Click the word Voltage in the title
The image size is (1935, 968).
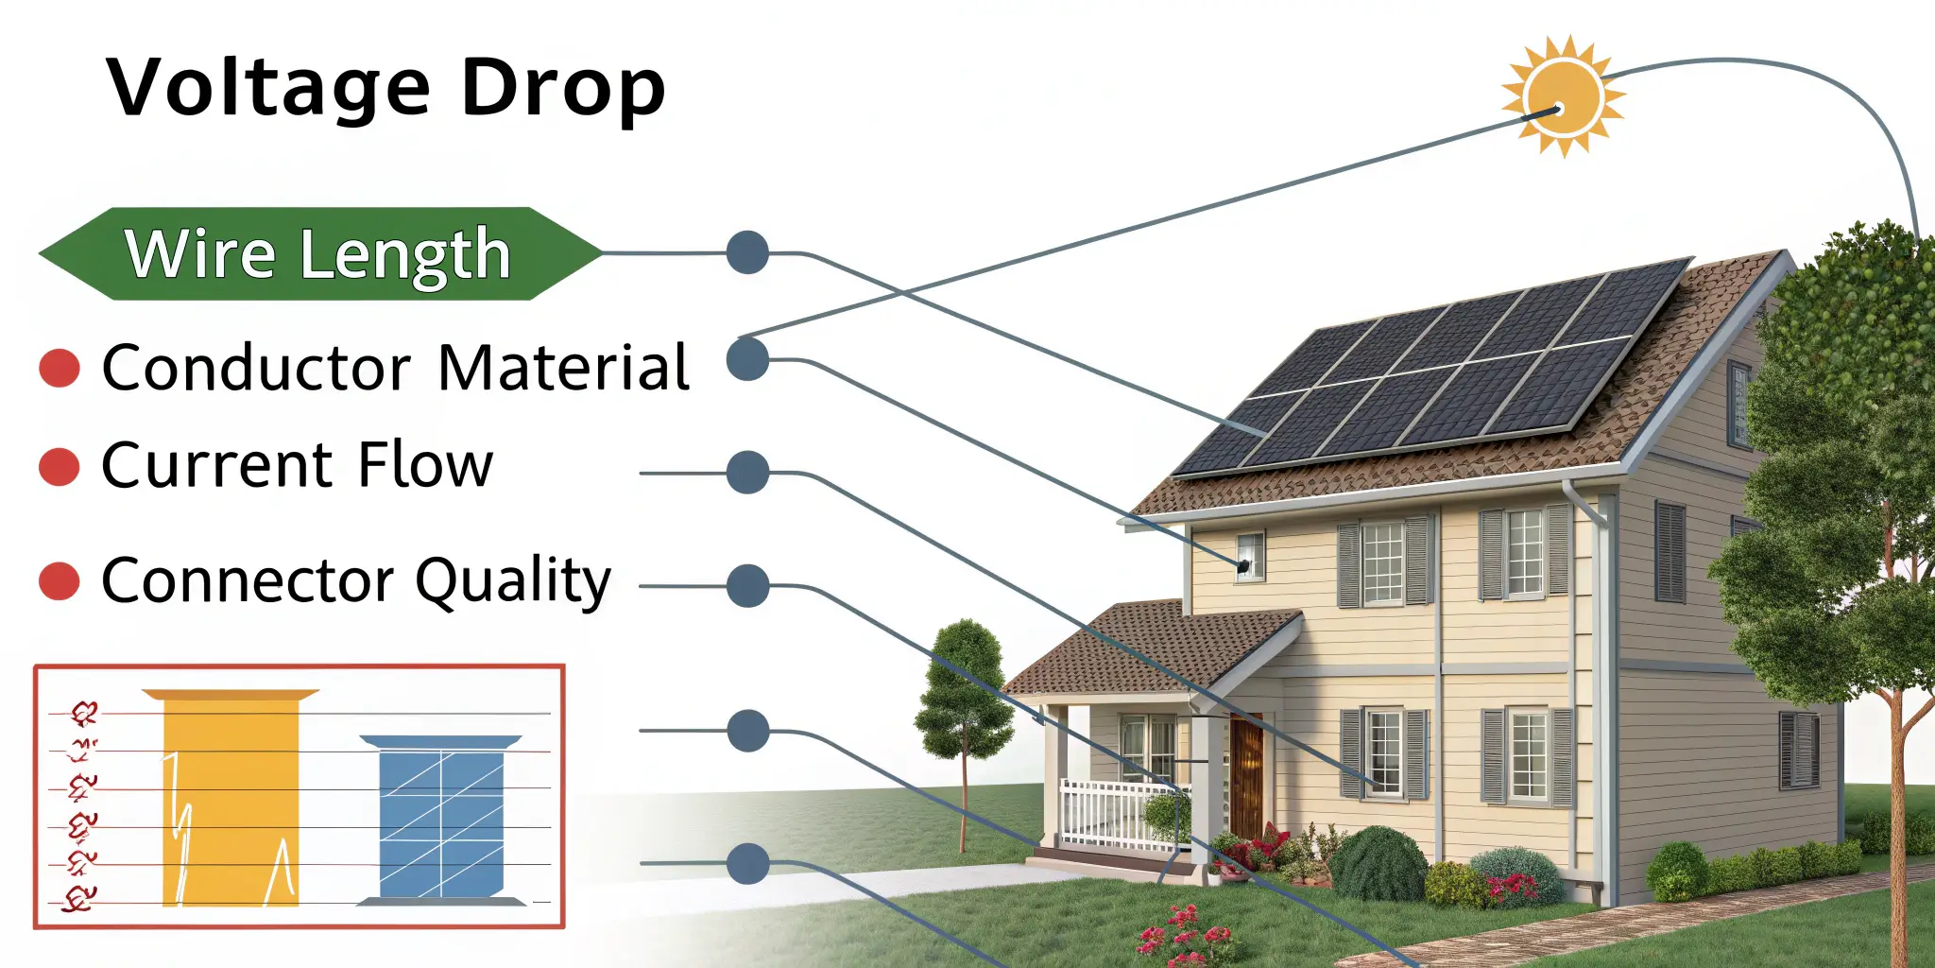269,88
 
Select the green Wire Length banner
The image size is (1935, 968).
319,253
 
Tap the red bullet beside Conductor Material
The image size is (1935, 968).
60,369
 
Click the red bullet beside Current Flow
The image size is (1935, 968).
60,467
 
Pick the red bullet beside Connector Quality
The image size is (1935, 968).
60,581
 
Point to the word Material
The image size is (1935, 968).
564,368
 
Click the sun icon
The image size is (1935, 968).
1564,96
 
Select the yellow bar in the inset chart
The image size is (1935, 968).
231,799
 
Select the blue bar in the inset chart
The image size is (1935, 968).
441,819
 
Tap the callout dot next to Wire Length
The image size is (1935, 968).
747,252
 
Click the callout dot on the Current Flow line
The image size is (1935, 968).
748,472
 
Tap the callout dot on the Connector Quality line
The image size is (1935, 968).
748,586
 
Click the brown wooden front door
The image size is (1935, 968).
1246,775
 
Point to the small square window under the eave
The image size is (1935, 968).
1249,555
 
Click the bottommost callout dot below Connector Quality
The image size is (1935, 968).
748,864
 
